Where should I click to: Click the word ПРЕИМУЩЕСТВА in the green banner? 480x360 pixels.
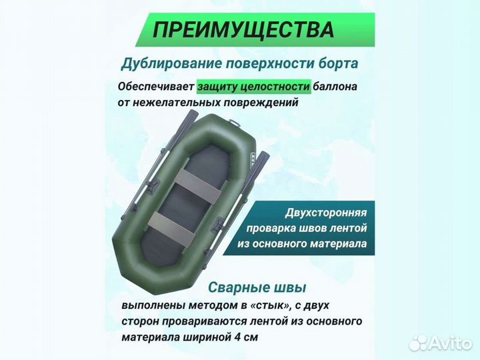tap(243, 30)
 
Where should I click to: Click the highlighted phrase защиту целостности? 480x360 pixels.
tap(254, 87)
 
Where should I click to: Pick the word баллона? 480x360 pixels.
tap(336, 87)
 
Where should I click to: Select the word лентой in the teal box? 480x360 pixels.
tap(343, 229)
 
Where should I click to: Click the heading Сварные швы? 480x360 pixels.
tap(257, 287)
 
